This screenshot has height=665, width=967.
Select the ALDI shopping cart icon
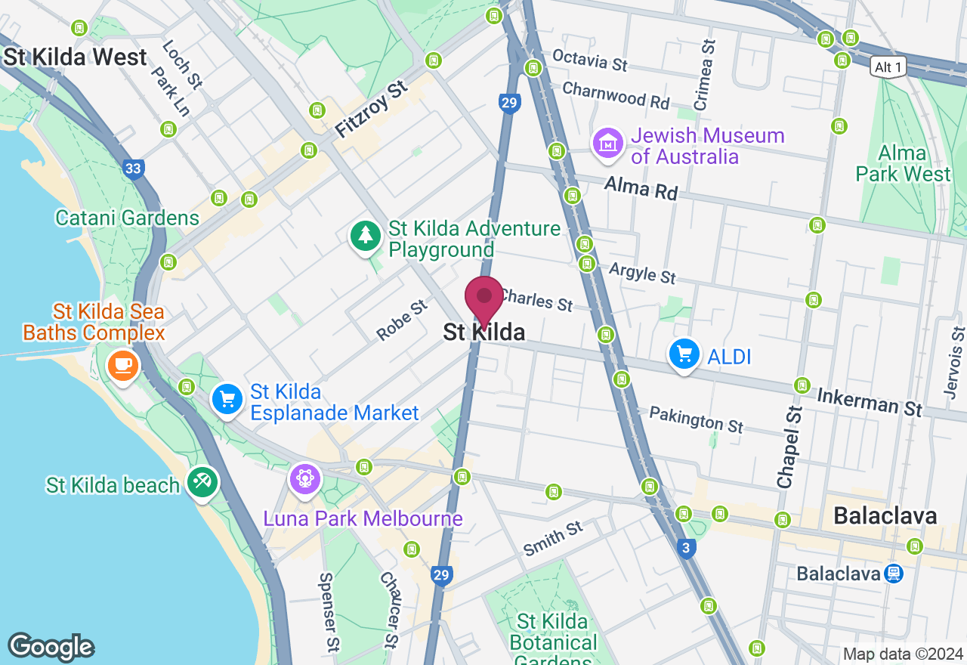684,354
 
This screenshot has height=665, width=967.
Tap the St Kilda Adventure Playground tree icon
366,236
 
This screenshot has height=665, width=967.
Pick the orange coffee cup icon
122,365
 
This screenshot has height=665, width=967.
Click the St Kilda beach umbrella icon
202,482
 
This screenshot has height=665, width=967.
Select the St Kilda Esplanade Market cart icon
226,398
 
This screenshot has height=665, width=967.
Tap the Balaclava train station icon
894,574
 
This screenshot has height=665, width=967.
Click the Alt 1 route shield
887,66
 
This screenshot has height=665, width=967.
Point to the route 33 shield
134,169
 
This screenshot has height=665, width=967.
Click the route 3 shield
686,549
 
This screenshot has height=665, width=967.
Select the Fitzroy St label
371,110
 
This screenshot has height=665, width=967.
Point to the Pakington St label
696,419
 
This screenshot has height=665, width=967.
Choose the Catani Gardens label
127,218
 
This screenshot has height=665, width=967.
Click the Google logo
51,647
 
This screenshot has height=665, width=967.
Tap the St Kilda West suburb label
75,57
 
